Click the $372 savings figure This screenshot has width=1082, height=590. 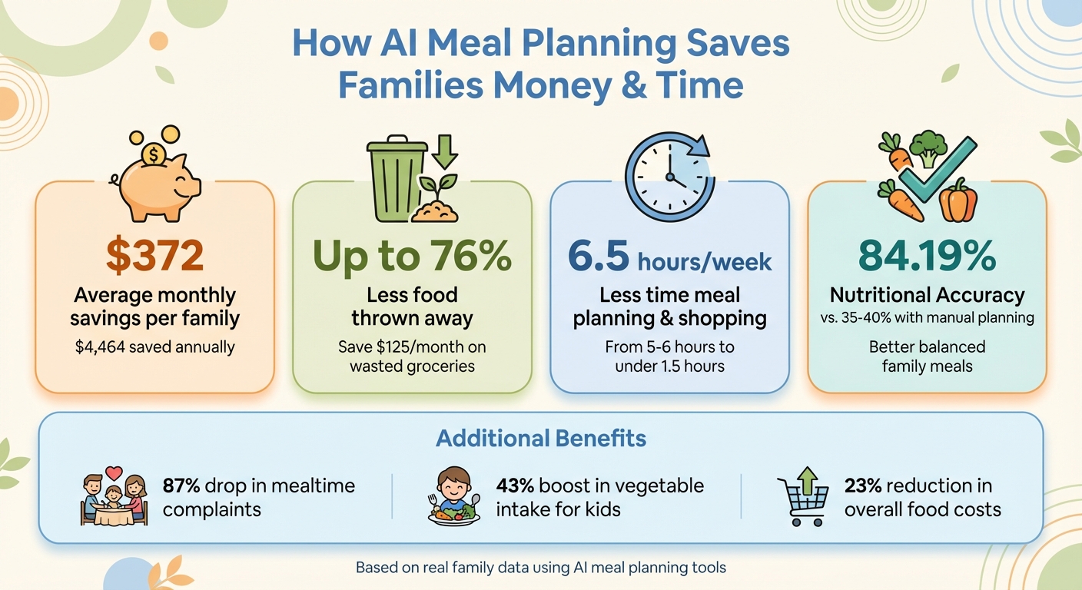[154, 256]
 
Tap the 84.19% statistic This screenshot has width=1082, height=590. [927, 257]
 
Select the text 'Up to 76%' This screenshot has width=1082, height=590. [412, 257]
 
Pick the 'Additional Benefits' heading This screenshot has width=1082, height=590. [540, 439]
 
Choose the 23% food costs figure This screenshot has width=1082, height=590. [862, 486]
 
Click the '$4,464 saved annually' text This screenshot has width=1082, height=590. [154, 347]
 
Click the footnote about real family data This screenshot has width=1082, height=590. [540, 568]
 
